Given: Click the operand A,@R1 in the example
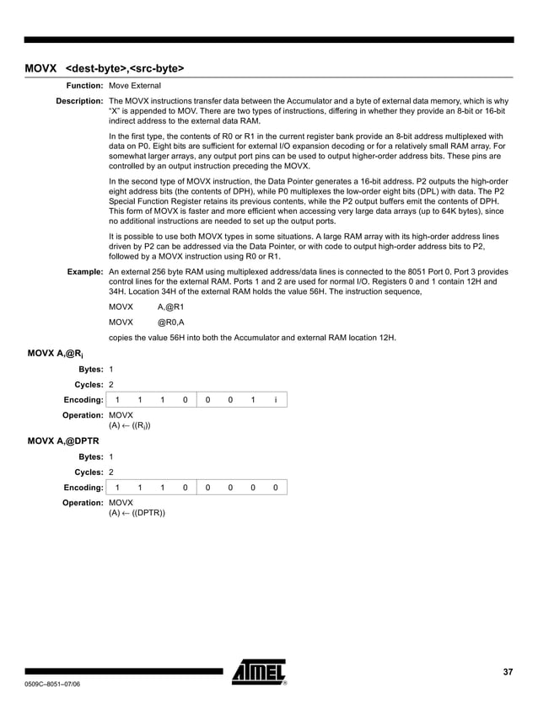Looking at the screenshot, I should pyautogui.click(x=172, y=307).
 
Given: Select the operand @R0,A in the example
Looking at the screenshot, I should pyautogui.click(x=172, y=322).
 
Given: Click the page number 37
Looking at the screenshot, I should pyautogui.click(x=508, y=671).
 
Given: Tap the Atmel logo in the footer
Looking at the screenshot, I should pyautogui.click(x=260, y=672).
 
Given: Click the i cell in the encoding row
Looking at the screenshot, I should pyautogui.click(x=275, y=399).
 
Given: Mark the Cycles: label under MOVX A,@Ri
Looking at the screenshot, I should pyautogui.click(x=89, y=384).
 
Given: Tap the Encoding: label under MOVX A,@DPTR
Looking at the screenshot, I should pyautogui.click(x=83, y=487).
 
